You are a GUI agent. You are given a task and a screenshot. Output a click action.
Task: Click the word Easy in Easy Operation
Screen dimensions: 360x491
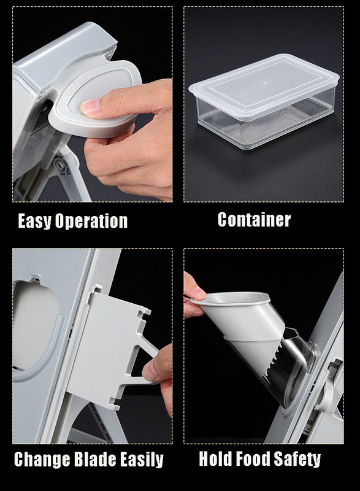coord(34,220)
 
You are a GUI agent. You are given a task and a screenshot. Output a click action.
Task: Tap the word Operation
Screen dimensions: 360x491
coord(91,221)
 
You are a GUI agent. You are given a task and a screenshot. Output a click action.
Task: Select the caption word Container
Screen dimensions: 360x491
coord(254,220)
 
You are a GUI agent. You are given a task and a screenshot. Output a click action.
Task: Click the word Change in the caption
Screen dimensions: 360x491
coord(42,460)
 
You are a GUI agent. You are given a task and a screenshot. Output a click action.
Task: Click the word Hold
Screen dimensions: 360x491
coord(215,458)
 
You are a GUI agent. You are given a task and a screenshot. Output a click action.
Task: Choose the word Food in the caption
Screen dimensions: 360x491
coord(253,458)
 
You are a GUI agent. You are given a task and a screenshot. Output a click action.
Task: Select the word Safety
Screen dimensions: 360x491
coord(297,459)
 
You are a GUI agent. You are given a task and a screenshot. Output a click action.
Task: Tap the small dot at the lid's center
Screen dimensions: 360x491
coord(265,83)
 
